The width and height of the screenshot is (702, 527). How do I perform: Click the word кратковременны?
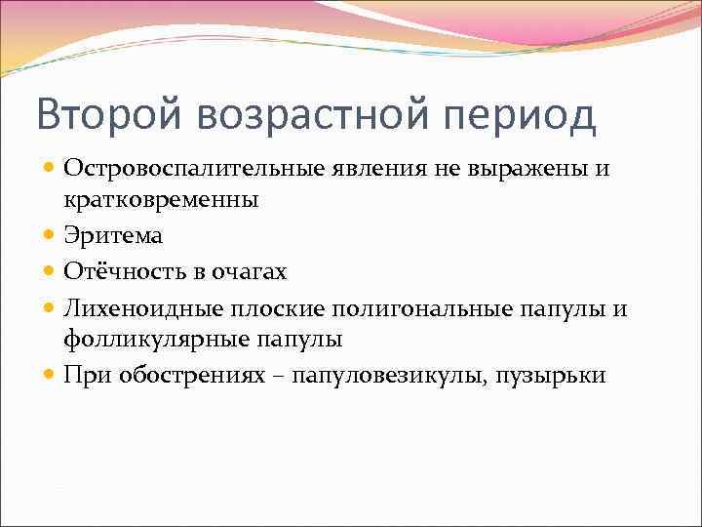tap(161, 200)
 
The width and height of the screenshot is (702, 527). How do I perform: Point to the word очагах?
tap(251, 271)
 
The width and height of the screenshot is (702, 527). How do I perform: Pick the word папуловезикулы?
tap(387, 376)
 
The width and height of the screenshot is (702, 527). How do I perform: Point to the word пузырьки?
tap(554, 376)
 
